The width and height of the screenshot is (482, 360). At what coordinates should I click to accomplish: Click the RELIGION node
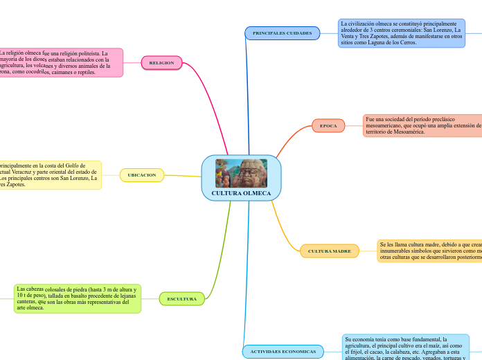(x=161, y=63)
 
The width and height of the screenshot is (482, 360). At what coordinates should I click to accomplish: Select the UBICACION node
(x=142, y=175)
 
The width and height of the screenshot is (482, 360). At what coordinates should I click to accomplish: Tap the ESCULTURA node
(x=181, y=299)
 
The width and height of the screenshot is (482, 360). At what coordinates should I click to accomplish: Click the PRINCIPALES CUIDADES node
(x=282, y=33)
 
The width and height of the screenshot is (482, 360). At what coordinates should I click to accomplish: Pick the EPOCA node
(x=328, y=126)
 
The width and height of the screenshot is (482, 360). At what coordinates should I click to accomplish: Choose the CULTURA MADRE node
(x=329, y=251)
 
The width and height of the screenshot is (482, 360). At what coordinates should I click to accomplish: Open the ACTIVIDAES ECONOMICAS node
(x=283, y=352)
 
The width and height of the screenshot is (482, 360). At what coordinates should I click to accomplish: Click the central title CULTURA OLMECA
(x=241, y=192)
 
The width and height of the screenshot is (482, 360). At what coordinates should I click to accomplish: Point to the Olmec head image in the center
(x=241, y=173)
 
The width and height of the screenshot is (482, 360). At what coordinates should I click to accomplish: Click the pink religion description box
(x=61, y=62)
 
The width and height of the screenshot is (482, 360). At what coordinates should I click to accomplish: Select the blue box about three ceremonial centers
(x=402, y=33)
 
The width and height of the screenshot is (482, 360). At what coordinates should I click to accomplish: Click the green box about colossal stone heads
(x=77, y=298)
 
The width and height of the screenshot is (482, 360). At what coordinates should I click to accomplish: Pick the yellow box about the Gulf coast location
(x=50, y=175)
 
